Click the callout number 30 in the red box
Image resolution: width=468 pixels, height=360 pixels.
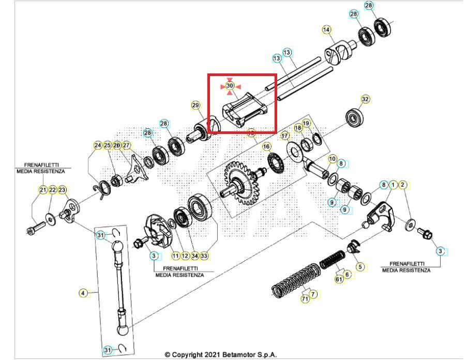[x=230, y=85]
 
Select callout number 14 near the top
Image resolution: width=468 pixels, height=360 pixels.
[x=326, y=30]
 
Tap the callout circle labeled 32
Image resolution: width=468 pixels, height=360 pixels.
[x=365, y=99]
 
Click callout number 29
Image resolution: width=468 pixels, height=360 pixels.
[x=195, y=106]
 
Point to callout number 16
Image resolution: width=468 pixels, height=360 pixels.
[x=266, y=147]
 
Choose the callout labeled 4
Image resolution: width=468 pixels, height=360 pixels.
[x=83, y=293]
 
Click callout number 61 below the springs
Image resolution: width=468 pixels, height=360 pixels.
[x=339, y=279]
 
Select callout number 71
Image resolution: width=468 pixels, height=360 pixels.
[x=305, y=298]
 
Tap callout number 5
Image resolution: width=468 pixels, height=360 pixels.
[x=360, y=267]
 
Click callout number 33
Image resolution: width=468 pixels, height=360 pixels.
[x=204, y=256]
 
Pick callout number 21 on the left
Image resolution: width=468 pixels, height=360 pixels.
[x=43, y=190]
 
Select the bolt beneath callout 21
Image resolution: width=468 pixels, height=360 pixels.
[x=33, y=227]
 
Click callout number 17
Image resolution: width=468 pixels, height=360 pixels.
[x=285, y=136]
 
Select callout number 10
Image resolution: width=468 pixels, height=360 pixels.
[x=332, y=159]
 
